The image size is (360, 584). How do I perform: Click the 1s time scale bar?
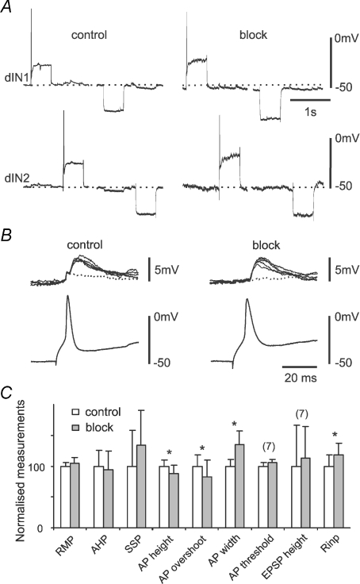pos(310,100)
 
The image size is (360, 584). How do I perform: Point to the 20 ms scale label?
pos(301,378)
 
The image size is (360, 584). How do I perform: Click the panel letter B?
pos(6,236)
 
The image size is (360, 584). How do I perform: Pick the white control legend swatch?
pos(75,413)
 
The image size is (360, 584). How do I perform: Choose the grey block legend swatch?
pos(75,428)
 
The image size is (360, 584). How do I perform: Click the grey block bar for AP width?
pos(239,486)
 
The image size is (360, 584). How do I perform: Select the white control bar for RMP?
pos(65,498)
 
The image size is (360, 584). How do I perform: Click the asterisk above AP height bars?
pos(170,453)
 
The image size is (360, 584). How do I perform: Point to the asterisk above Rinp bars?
pos(335,435)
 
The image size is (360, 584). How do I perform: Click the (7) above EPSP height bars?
pos(301,413)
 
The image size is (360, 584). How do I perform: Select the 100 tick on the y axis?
pos(43,467)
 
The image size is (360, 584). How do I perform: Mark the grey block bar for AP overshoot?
pos(207,502)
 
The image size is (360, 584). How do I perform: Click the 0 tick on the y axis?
pos(48,528)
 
